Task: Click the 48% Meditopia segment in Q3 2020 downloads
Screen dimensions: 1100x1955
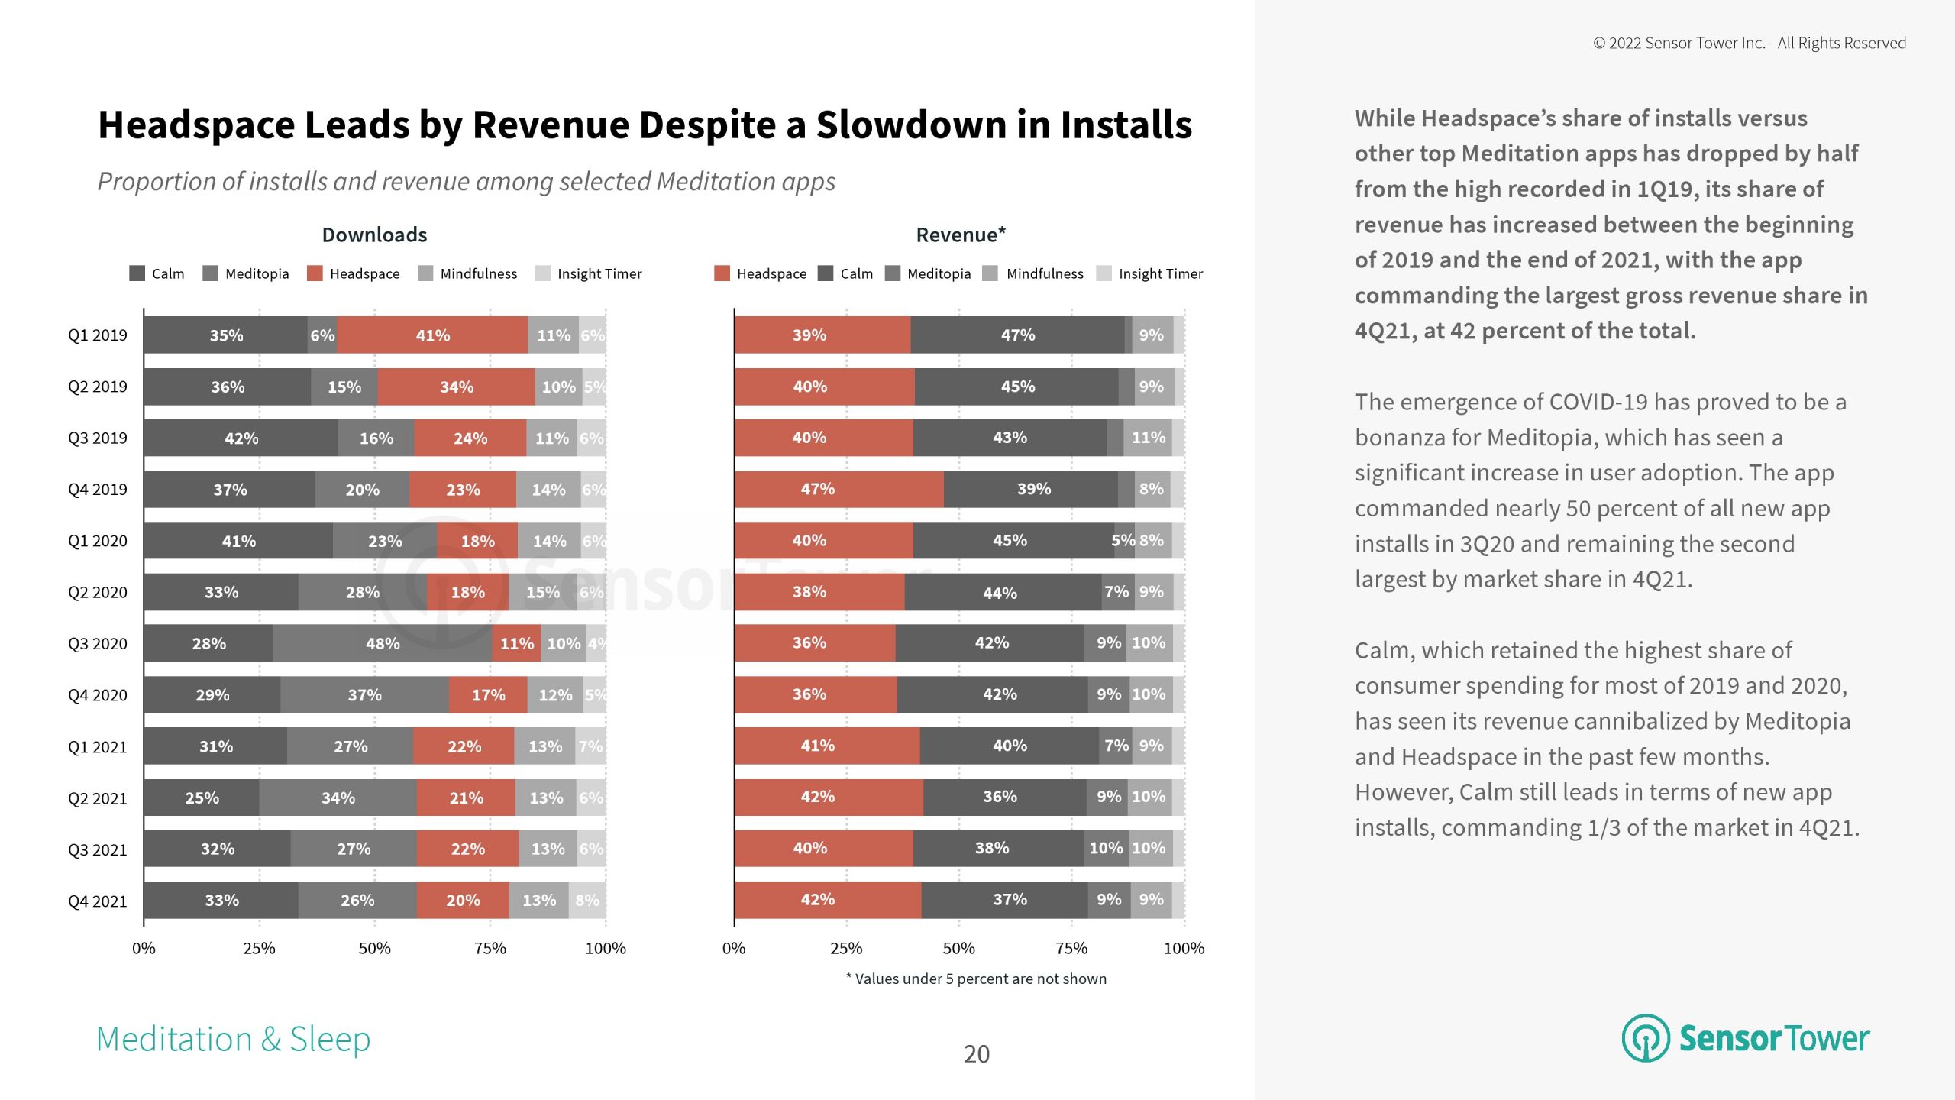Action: [383, 643]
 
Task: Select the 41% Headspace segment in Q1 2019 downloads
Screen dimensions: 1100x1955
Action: [432, 335]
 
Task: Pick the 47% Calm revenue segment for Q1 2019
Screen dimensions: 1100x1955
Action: [1017, 335]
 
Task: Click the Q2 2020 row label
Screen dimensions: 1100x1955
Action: [97, 592]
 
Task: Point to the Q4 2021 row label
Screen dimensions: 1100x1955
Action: [97, 901]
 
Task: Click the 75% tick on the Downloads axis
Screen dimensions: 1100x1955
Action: [490, 948]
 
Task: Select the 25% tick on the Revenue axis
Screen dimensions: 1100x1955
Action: [846, 948]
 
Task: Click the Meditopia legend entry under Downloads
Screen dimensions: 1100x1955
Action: [246, 273]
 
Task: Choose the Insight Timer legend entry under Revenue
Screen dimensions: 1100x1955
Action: [1150, 273]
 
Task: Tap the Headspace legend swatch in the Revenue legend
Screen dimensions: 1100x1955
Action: [722, 273]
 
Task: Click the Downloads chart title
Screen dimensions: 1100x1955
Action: [374, 235]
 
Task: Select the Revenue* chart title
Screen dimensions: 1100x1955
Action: [961, 235]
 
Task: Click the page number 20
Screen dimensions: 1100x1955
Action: [976, 1054]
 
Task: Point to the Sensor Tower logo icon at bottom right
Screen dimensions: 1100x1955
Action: [1646, 1038]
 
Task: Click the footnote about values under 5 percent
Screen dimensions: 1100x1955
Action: [976, 979]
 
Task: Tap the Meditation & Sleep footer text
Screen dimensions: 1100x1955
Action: [233, 1040]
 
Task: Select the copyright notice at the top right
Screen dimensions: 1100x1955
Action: [1749, 43]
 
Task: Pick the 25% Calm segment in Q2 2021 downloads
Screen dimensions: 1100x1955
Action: [202, 797]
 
